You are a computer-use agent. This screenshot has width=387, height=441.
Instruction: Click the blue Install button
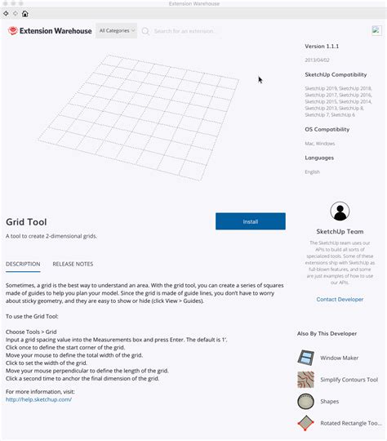pyautogui.click(x=250, y=221)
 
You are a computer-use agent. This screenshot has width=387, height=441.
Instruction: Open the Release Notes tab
pyautogui.click(x=73, y=264)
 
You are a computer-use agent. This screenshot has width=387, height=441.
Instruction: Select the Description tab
pyautogui.click(x=23, y=264)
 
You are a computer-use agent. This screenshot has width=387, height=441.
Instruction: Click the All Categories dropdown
pyautogui.click(x=116, y=31)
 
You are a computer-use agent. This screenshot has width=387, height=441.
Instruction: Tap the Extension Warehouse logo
pyautogui.click(x=50, y=31)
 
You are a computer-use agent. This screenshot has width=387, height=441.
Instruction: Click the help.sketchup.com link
pyautogui.click(x=38, y=399)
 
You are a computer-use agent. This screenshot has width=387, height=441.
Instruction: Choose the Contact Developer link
pyautogui.click(x=340, y=300)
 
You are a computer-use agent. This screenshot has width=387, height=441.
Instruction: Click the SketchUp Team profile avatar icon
pyautogui.click(x=340, y=212)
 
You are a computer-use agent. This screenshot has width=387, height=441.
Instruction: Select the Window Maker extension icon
pyautogui.click(x=305, y=358)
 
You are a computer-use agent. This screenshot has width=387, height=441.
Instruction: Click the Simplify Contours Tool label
pyautogui.click(x=349, y=380)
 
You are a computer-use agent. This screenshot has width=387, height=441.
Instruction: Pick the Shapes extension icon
pyautogui.click(x=305, y=401)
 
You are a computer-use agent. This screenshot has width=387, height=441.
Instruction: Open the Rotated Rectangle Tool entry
pyautogui.click(x=350, y=423)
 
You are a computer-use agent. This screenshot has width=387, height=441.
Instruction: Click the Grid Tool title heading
pyautogui.click(x=26, y=221)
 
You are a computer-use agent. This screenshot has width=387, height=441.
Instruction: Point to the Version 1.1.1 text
pyautogui.click(x=321, y=47)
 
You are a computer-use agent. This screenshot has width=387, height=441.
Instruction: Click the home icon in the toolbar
pyautogui.click(x=25, y=14)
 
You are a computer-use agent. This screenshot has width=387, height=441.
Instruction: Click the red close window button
pyautogui.click(x=5, y=4)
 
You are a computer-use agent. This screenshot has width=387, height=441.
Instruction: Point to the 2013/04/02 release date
pyautogui.click(x=318, y=60)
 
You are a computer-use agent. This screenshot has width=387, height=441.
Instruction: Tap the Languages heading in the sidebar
pyautogui.click(x=319, y=158)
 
